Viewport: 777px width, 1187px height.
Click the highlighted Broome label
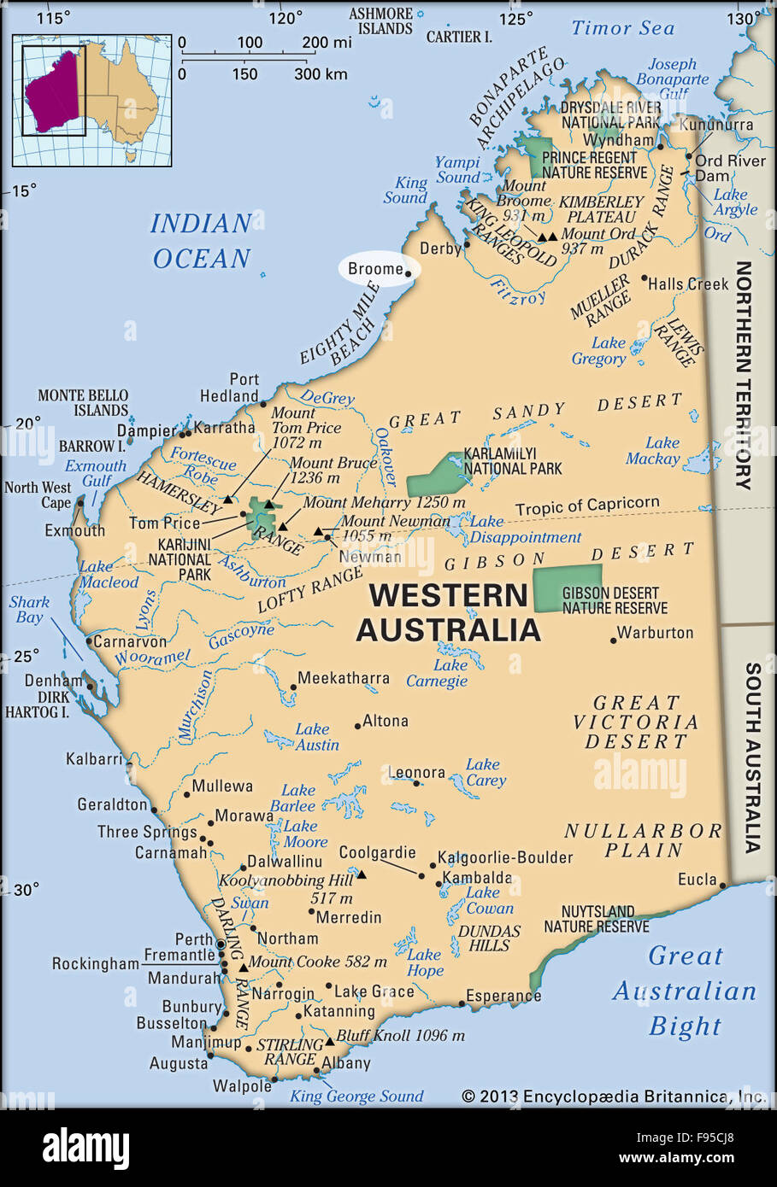[375, 269]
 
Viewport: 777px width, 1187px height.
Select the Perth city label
[194, 938]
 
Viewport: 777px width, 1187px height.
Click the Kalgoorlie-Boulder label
[505, 857]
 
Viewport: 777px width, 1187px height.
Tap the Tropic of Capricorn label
[586, 506]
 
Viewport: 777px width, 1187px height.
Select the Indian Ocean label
[201, 241]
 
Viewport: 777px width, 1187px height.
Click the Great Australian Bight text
[685, 991]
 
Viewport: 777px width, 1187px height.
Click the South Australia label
[751, 757]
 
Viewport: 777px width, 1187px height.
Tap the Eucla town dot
[722, 886]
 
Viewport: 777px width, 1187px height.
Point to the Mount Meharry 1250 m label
[384, 503]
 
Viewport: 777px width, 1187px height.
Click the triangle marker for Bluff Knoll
[329, 1042]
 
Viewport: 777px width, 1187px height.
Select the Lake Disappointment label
[525, 529]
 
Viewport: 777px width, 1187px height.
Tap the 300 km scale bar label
[321, 74]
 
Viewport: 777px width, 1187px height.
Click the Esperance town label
[503, 996]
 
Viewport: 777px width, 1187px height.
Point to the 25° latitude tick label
[25, 656]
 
